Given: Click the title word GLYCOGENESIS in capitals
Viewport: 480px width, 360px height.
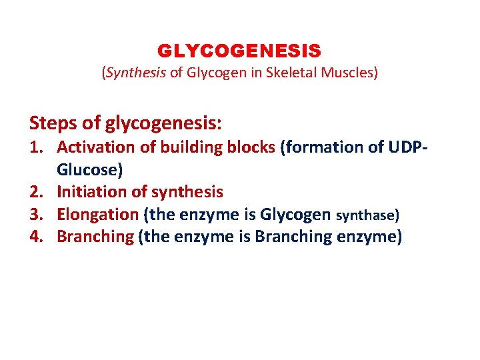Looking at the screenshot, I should pyautogui.click(x=239, y=51).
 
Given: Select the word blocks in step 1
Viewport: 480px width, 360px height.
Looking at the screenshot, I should pyautogui.click(x=249, y=147).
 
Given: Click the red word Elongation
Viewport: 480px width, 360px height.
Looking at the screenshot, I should pyautogui.click(x=97, y=215).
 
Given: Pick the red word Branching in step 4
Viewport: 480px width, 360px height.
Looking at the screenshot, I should pyautogui.click(x=95, y=237).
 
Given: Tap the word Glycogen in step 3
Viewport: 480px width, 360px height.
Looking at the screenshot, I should pyautogui.click(x=295, y=215).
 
